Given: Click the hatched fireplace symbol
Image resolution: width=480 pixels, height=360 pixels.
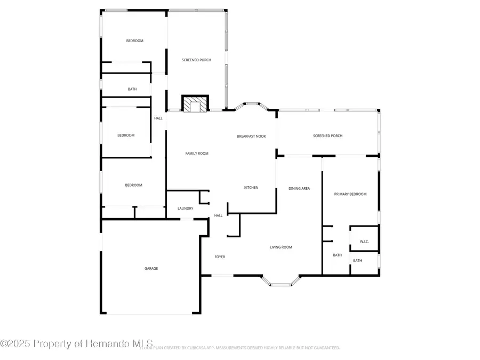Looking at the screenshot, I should [x=195, y=104].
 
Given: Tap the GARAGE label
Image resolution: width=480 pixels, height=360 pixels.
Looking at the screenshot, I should [x=151, y=268].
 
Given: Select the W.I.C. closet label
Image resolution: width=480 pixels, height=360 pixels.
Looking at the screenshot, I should [x=364, y=242].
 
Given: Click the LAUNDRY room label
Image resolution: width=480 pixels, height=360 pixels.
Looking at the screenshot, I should [x=186, y=208].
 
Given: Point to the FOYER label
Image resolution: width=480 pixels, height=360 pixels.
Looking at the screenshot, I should [x=220, y=257].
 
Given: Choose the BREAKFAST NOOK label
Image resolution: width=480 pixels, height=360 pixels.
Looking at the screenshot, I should [x=251, y=137].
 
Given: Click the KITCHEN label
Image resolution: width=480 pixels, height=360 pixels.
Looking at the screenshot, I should [x=251, y=187].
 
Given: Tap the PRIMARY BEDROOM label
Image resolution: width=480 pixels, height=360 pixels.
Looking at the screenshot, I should [x=350, y=194].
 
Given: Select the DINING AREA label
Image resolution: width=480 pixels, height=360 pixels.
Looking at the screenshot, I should [x=299, y=188].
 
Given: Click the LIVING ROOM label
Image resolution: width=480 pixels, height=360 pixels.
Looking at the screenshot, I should [x=281, y=247].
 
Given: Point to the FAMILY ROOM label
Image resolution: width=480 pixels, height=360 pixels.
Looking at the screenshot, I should [x=197, y=153].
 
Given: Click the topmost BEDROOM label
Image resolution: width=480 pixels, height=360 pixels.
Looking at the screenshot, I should [x=134, y=41].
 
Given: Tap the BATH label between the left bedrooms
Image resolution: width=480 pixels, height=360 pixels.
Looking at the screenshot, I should [x=132, y=89].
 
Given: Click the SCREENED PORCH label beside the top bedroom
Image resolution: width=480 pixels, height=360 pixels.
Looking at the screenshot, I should [x=196, y=60].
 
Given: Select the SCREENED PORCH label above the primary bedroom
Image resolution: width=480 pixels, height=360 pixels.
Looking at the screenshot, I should [x=327, y=136].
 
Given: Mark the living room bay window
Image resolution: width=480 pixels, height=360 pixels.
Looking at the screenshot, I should [x=281, y=282].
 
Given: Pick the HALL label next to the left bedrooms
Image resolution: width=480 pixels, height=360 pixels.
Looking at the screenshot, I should [x=158, y=118].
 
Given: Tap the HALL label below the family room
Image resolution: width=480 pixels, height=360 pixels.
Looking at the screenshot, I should [x=218, y=215].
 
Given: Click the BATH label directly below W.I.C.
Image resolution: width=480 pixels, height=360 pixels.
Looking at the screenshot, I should [x=357, y=261].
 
